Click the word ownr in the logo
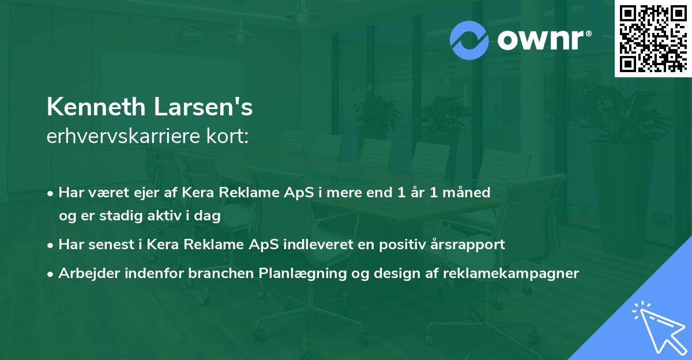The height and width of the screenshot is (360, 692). click(x=543, y=40)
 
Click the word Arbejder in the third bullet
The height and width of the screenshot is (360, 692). click(x=86, y=273)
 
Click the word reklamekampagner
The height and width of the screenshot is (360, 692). click(x=511, y=273)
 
